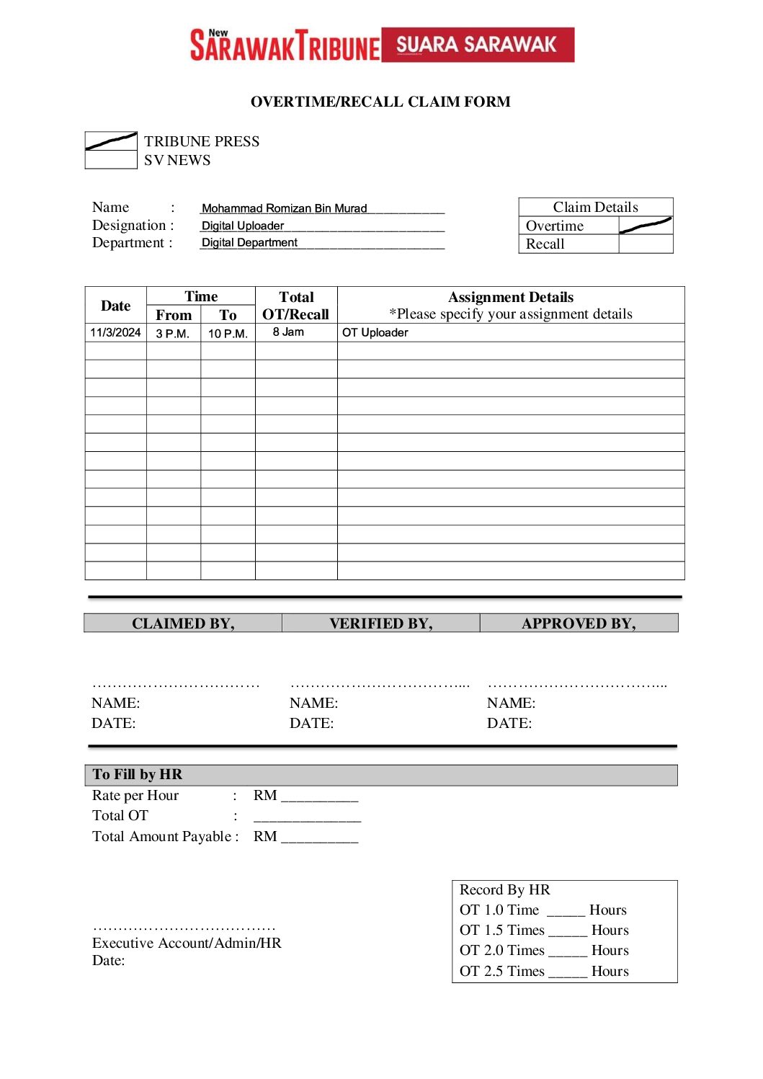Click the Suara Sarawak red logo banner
pyautogui.click(x=477, y=45)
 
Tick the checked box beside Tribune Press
pyautogui.click(x=111, y=141)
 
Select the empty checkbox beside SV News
pyautogui.click(x=111, y=160)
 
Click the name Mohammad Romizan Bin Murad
pyautogui.click(x=284, y=208)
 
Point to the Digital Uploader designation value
pyautogui.click(x=243, y=226)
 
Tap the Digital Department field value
pyautogui.click(x=249, y=243)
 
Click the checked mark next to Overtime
pyautogui.click(x=646, y=226)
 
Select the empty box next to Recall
pyautogui.click(x=646, y=244)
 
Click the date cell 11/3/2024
pyautogui.click(x=115, y=332)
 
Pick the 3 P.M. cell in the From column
pyautogui.click(x=173, y=334)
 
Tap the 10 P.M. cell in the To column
pyautogui.click(x=228, y=334)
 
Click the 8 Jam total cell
pyautogui.click(x=289, y=332)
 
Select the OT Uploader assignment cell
pyautogui.click(x=375, y=332)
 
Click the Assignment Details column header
pyautogui.click(x=511, y=298)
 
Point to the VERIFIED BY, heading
pyautogui.click(x=380, y=623)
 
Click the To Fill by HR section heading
pyautogui.click(x=138, y=775)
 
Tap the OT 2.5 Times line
pyautogui.click(x=544, y=971)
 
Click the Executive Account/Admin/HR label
pyautogui.click(x=187, y=943)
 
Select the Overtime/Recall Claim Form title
pyautogui.click(x=380, y=102)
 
